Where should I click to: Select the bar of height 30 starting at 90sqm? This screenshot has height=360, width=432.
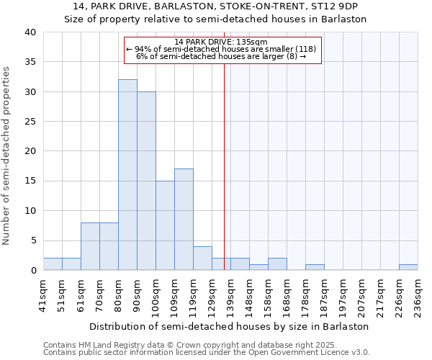click(x=146, y=181)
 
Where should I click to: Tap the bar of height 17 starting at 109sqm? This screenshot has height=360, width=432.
click(x=184, y=220)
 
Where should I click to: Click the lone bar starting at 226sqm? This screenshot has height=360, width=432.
click(x=408, y=267)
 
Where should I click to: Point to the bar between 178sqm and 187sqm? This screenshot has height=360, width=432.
click(x=315, y=267)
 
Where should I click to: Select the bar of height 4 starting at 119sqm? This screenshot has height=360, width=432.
click(x=202, y=258)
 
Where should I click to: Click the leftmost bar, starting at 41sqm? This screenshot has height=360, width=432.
click(x=53, y=264)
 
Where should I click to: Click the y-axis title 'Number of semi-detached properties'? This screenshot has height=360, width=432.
click(x=6, y=156)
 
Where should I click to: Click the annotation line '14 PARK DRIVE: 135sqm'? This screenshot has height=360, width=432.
click(x=221, y=42)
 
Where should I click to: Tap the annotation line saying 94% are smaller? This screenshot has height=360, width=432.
click(x=221, y=49)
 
